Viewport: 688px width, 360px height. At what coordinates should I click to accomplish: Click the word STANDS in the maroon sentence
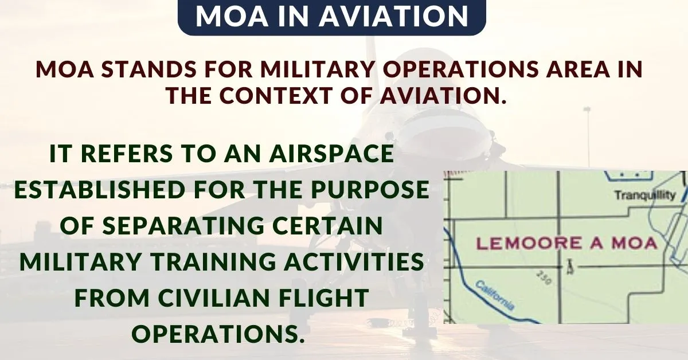(148, 69)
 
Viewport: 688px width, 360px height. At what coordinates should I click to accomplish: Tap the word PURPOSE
(370, 189)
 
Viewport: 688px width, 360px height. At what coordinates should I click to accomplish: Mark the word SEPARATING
(183, 225)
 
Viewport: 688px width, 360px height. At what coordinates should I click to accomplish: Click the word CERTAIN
(328, 225)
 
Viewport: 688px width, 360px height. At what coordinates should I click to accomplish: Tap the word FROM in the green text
(112, 298)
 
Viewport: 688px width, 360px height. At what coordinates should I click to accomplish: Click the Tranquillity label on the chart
(645, 195)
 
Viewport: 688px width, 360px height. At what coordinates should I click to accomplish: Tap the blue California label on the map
(495, 295)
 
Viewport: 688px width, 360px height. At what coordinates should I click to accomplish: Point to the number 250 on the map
(545, 277)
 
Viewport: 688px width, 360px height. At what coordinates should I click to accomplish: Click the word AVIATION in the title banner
(393, 16)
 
